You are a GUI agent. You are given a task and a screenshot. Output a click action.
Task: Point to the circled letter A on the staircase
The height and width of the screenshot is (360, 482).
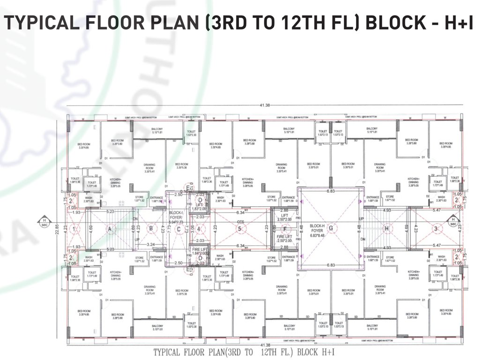[110, 229]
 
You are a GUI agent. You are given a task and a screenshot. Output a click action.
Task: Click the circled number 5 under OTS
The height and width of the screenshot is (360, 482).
[240, 229]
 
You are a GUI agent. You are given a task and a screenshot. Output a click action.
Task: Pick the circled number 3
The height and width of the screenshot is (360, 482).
[436, 229]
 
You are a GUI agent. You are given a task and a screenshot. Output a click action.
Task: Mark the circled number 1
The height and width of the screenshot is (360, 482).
[74, 229]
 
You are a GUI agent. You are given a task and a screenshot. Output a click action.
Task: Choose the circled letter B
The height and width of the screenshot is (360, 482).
[151, 229]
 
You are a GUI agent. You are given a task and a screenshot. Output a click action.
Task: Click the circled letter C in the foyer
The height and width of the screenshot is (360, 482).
[178, 229]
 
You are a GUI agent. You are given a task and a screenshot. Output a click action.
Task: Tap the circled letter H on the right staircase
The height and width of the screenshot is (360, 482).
[386, 229]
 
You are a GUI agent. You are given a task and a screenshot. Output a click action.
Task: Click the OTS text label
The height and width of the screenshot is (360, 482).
[241, 221]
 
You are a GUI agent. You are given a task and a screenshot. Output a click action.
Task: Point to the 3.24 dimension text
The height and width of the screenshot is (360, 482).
[151, 245]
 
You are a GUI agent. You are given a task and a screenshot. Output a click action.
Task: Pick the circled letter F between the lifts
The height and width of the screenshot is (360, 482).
[284, 229]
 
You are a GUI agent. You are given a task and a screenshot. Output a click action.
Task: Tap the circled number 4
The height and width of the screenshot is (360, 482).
[199, 229]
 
